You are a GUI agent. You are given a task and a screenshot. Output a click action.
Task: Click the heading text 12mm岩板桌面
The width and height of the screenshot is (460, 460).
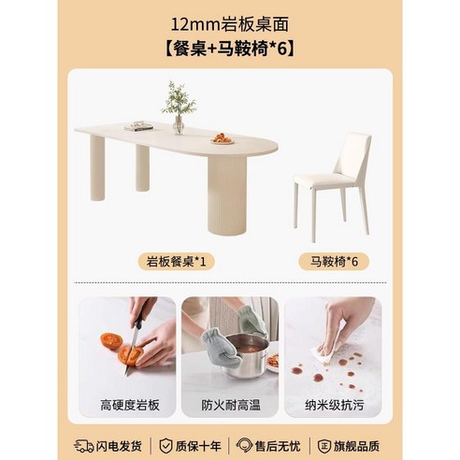coord(229,20)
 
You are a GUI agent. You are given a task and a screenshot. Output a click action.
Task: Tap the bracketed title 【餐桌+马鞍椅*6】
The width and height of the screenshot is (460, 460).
coord(229,48)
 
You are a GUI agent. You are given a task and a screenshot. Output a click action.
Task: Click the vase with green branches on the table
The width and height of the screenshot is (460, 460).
coord(178,108)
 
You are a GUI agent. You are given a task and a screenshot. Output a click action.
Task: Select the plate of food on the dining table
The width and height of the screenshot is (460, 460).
coord(222,138)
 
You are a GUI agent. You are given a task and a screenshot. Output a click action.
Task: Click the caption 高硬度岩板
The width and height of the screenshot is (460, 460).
coord(131,404)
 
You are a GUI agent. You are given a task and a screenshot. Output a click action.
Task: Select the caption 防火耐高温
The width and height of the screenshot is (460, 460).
coord(230,404)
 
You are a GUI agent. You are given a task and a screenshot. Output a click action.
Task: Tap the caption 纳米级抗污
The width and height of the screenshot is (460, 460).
coord(331,404)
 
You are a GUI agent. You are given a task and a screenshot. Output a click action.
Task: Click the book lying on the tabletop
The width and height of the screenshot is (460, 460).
coord(139,126)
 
